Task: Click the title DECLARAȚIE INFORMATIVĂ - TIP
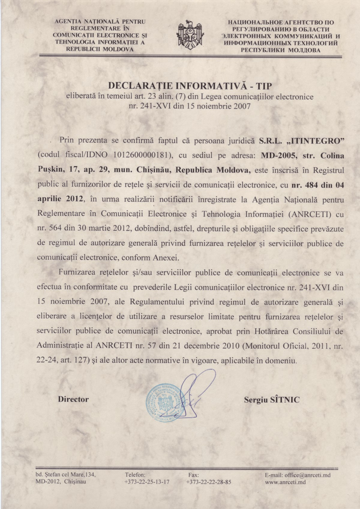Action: coord(189,86)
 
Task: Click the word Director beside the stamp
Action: coord(73,399)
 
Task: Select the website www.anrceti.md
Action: coord(285,482)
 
